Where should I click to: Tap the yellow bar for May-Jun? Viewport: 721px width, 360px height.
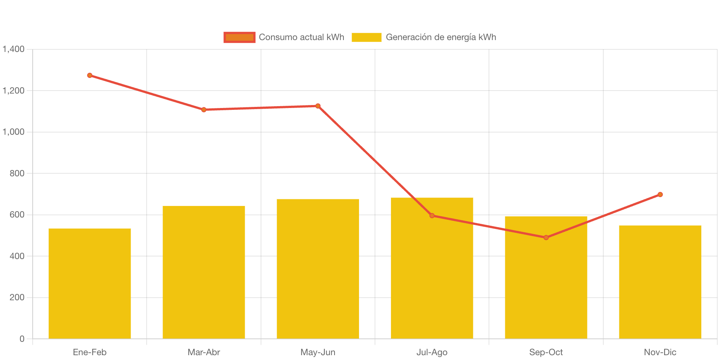pos(318,269)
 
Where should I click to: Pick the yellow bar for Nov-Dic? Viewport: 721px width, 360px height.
pos(660,282)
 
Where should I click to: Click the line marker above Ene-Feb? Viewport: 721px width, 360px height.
pos(90,75)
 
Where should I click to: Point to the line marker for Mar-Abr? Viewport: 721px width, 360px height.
pos(204,109)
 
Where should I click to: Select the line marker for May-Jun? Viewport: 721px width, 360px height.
pos(318,106)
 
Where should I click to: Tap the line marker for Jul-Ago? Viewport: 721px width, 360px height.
pos(432,216)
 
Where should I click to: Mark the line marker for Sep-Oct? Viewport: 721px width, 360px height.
pos(546,238)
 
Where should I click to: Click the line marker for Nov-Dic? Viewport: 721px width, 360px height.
pos(660,194)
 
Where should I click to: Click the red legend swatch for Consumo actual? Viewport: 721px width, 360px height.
pos(239,37)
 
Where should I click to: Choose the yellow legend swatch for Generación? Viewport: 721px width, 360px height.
pos(366,37)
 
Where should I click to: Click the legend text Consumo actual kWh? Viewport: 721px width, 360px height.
pos(301,37)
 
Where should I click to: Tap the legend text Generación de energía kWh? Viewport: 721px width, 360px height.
pos(441,37)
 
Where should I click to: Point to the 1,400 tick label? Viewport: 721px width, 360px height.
pos(14,49)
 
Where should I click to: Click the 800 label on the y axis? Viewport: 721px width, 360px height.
pos(17,173)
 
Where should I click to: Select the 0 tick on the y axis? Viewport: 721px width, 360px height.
pos(22,339)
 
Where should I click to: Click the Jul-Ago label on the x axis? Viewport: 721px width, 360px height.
pos(432,352)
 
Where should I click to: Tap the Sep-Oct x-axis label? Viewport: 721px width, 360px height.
pos(546,352)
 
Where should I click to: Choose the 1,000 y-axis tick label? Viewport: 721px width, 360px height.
pos(14,132)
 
